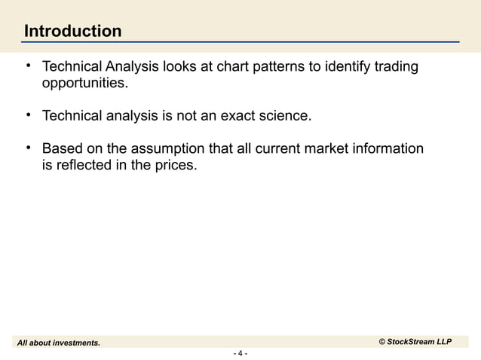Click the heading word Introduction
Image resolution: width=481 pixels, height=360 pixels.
pyautogui.click(x=72, y=32)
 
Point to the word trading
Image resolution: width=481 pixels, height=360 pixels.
pyautogui.click(x=394, y=69)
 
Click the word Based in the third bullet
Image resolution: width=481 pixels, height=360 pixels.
pyautogui.click(x=63, y=148)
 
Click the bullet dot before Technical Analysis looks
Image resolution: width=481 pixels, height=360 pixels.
pyautogui.click(x=27, y=67)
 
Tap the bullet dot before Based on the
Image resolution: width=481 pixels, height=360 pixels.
pyautogui.click(x=27, y=147)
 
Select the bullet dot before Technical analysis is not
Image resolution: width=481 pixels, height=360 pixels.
pyautogui.click(x=27, y=115)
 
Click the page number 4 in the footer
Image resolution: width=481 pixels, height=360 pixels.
pyautogui.click(x=240, y=353)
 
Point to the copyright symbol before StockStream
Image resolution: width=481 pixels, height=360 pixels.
pyautogui.click(x=381, y=343)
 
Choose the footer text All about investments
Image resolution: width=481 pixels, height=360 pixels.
pyautogui.click(x=59, y=343)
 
